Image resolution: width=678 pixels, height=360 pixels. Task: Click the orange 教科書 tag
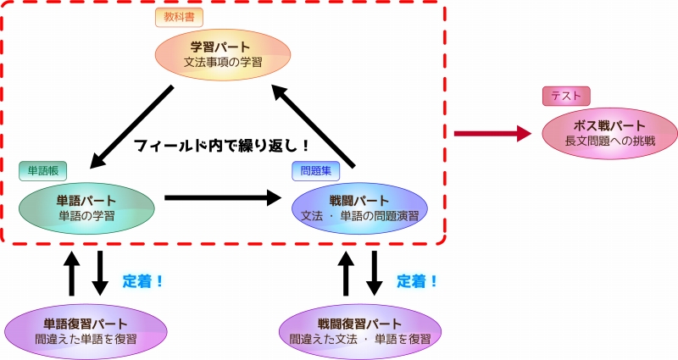coord(180,17)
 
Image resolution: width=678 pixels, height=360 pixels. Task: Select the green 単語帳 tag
coord(42,170)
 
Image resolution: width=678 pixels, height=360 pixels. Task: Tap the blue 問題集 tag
coord(317,170)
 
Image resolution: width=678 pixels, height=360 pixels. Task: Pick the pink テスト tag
coord(566,96)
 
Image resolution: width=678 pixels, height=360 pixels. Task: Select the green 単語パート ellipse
coord(86,208)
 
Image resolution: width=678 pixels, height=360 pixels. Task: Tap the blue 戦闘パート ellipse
coord(359,208)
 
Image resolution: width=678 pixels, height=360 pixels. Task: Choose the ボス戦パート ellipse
coord(598,132)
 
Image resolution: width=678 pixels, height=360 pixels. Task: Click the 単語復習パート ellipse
coord(86,330)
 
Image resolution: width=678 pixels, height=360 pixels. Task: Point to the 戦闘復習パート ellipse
coord(359,330)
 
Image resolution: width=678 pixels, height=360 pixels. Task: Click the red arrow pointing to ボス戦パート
coord(492,133)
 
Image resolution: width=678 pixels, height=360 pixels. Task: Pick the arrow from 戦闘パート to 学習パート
coord(316,124)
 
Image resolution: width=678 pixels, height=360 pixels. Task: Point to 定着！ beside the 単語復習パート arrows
coord(143,280)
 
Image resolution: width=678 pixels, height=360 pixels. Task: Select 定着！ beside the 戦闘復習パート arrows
coord(417,280)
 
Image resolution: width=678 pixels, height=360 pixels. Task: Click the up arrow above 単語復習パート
coord(73,273)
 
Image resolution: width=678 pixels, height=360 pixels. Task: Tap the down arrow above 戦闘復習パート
coord(374,273)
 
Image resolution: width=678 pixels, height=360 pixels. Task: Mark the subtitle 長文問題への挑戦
coord(598,140)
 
